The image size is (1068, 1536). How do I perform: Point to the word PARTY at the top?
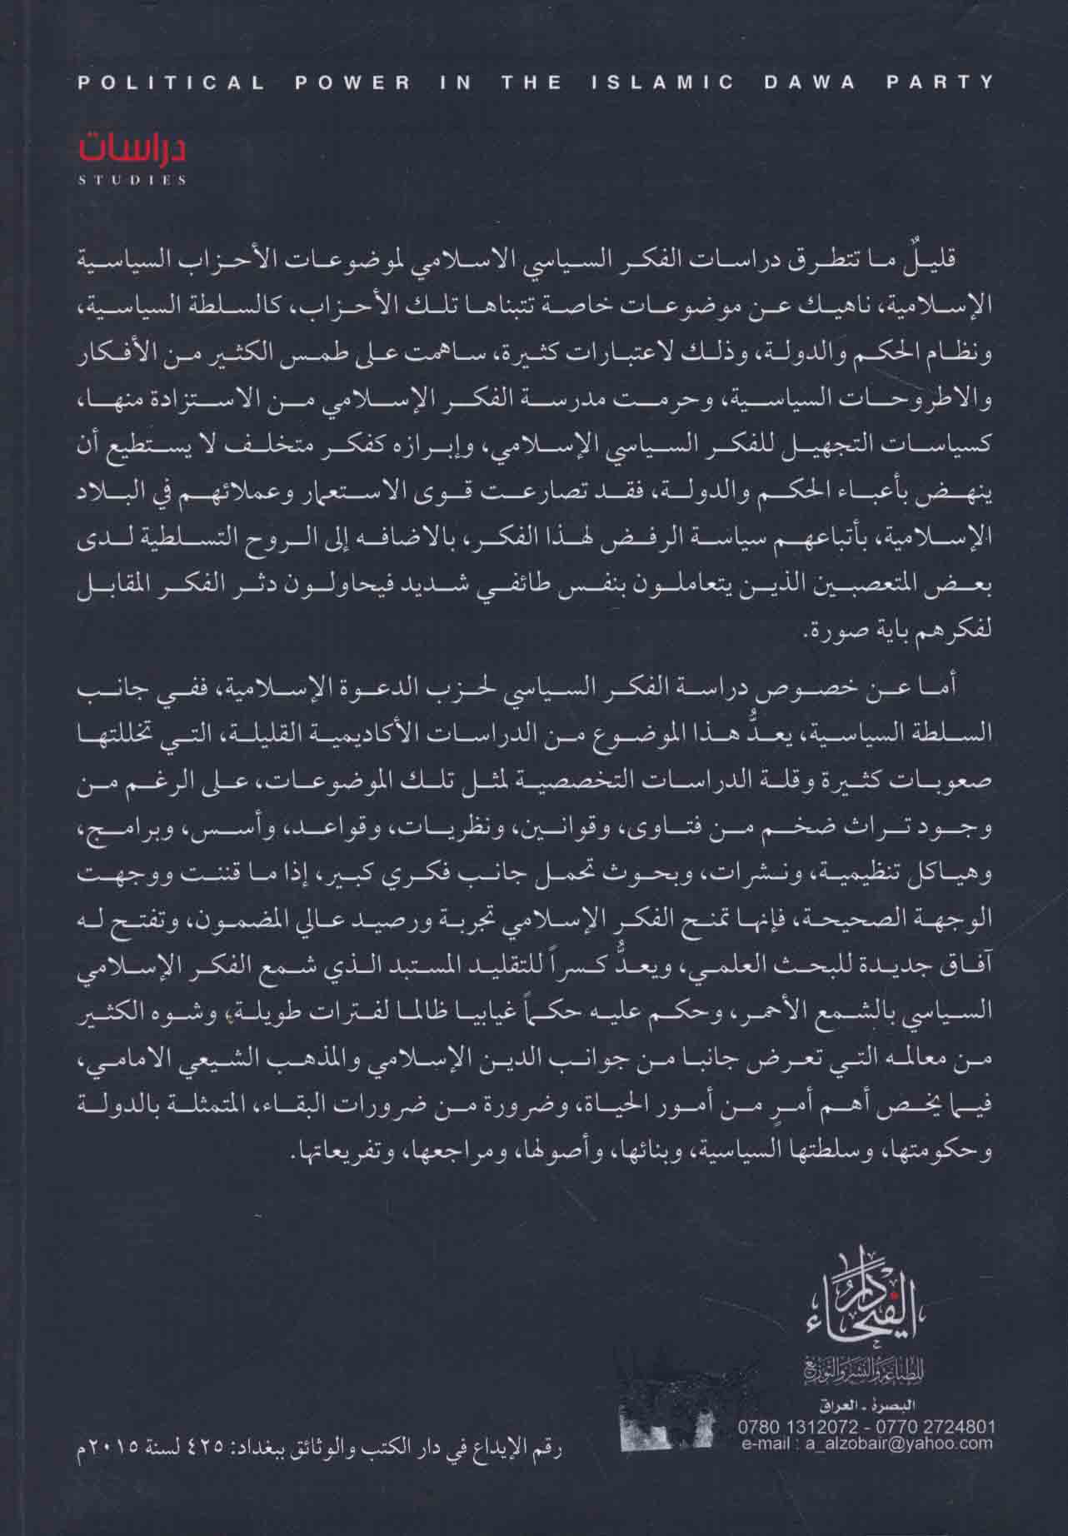tap(942, 82)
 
